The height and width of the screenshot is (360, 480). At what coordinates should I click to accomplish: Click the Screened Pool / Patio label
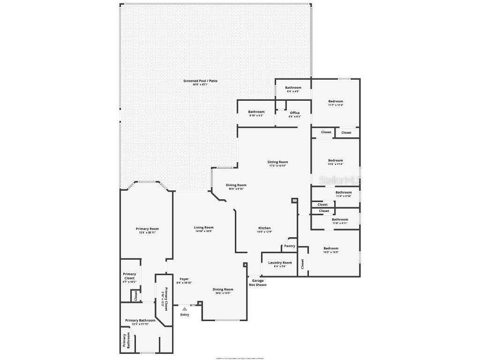(x=200, y=81)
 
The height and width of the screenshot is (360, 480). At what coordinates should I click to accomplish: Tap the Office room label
(x=294, y=113)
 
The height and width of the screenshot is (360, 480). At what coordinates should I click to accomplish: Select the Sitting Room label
(x=277, y=162)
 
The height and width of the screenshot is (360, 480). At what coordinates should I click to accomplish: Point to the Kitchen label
(x=264, y=228)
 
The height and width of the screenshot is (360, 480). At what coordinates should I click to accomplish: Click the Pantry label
(x=290, y=246)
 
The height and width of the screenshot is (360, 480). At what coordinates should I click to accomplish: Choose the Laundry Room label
(x=280, y=263)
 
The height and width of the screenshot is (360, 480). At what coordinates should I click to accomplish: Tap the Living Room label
(x=204, y=228)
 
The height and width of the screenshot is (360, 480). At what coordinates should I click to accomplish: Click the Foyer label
(x=184, y=279)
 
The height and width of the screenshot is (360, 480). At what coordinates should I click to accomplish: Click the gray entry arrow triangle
(x=185, y=309)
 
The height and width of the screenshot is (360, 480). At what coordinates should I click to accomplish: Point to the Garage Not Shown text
(x=258, y=283)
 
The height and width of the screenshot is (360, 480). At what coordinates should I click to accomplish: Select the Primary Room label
(x=147, y=229)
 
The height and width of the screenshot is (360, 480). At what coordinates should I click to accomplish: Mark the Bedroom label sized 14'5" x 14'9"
(x=330, y=248)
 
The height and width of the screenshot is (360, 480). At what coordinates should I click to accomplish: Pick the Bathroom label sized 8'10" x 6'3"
(x=256, y=112)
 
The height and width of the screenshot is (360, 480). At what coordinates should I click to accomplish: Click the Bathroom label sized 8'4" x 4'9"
(x=293, y=88)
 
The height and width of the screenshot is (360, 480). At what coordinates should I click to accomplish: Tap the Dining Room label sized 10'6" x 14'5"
(x=223, y=290)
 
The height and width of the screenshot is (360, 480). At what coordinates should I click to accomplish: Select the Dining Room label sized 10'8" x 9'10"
(x=237, y=185)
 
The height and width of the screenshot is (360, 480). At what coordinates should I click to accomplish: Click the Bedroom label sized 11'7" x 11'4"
(x=336, y=101)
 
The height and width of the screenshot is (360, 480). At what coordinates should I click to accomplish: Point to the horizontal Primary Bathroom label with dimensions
(x=140, y=321)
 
